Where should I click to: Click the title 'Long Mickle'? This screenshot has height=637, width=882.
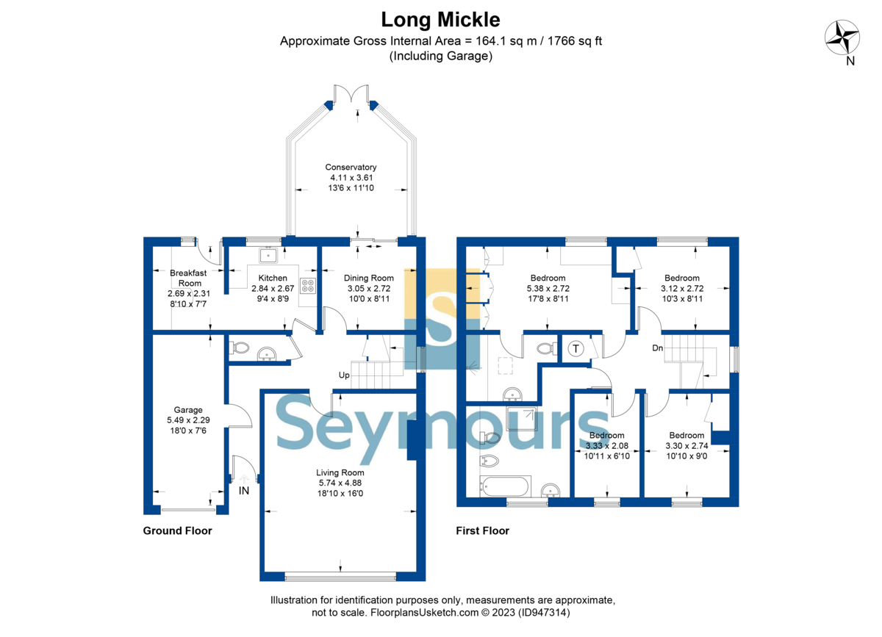pos(440,20)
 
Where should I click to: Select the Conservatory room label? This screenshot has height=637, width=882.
pos(351,167)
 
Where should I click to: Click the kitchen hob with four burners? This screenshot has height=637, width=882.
pos(308,286)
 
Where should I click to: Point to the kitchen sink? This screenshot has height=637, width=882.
pos(268,256)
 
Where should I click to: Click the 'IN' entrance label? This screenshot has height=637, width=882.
pos(244,491)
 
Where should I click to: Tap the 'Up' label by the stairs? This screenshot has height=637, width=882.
pos(344,375)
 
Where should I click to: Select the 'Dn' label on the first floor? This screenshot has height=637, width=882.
pos(658,348)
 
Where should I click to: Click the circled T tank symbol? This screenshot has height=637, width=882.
pos(576,348)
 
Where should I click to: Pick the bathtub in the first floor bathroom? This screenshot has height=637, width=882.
pos(505,486)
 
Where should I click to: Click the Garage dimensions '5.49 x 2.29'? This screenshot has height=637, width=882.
pos(188,420)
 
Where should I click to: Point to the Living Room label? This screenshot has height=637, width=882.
pos(340,472)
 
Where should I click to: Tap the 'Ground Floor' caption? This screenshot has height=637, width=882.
pos(178,530)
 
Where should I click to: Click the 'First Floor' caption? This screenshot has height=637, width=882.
pos(483,530)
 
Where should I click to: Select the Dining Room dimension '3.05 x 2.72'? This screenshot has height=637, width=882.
pos(369,288)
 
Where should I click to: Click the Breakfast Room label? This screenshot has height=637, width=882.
pos(189,278)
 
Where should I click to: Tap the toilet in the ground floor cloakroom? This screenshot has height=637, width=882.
pos(240,348)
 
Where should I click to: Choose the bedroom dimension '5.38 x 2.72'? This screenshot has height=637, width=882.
pos(548,288)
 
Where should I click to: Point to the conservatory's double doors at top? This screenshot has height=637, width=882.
pos(351,93)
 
